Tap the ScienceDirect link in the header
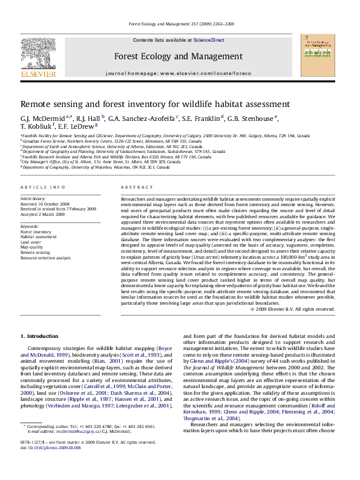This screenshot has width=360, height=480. [209, 40]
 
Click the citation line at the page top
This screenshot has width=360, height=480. [179, 25]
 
